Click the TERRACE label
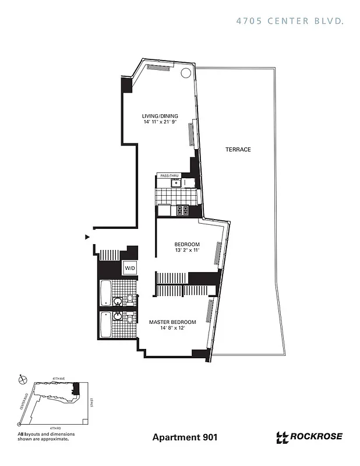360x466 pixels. [238, 150]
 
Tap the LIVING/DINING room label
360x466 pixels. [160, 116]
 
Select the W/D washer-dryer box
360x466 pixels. [129, 268]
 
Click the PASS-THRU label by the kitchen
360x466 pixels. [169, 175]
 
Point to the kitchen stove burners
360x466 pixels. [182, 210]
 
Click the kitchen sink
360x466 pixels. [174, 183]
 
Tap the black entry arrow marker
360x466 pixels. [87, 236]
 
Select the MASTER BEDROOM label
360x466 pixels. [172, 322]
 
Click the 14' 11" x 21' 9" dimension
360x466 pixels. [160, 122]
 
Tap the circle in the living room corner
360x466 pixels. [185, 73]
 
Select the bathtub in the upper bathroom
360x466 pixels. [105, 294]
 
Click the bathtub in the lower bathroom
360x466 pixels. [105, 326]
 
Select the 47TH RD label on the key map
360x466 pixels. [57, 428]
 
